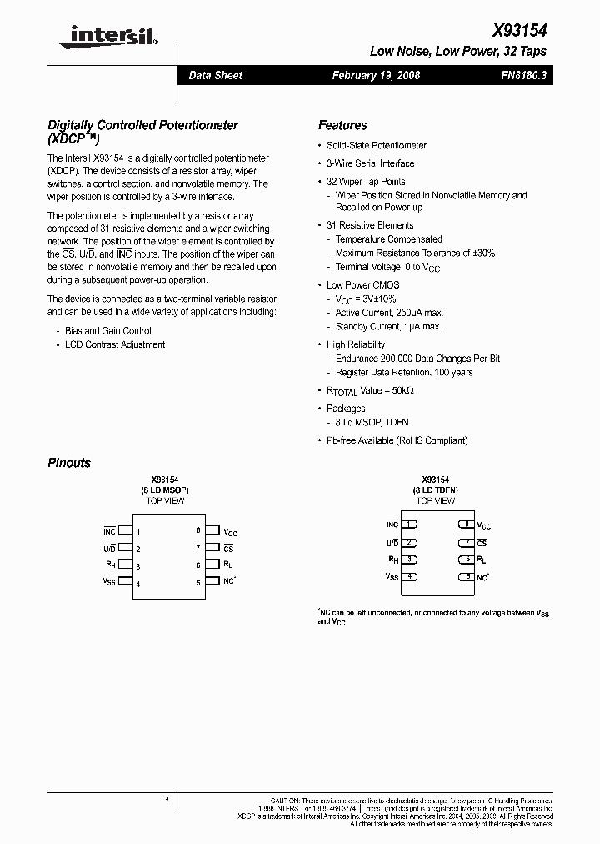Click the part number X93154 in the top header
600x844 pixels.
(520, 30)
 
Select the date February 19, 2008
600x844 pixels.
(376, 75)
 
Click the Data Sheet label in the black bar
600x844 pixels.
(215, 75)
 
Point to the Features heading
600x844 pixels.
(342, 125)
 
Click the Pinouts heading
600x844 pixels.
(69, 463)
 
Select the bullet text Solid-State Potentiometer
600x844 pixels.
(376, 145)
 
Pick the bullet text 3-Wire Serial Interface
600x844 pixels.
(370, 163)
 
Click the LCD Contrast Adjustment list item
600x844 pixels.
(115, 344)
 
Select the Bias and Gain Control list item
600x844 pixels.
(108, 331)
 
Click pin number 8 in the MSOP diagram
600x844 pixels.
(198, 530)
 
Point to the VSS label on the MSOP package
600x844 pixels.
(109, 581)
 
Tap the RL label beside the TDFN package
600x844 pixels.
(482, 560)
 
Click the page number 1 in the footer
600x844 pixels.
(167, 801)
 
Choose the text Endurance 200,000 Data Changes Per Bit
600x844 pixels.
(417, 359)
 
